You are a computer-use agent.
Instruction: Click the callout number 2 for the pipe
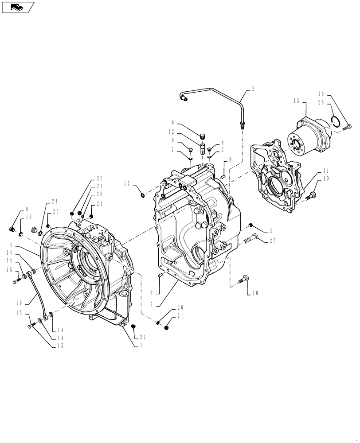pos(253,89)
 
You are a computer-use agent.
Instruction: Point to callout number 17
pos(127,183)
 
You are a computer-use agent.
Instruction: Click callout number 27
pos(272,241)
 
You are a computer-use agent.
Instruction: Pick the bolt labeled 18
pos(347,128)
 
